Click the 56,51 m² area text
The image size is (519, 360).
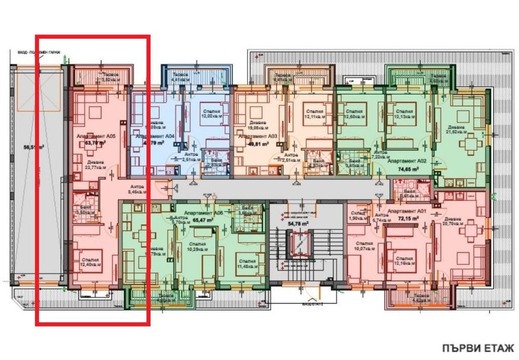point(33,147)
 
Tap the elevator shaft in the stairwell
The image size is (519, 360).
point(300,244)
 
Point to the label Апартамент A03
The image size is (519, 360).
point(256,137)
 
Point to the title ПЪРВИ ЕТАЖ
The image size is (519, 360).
point(477,348)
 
